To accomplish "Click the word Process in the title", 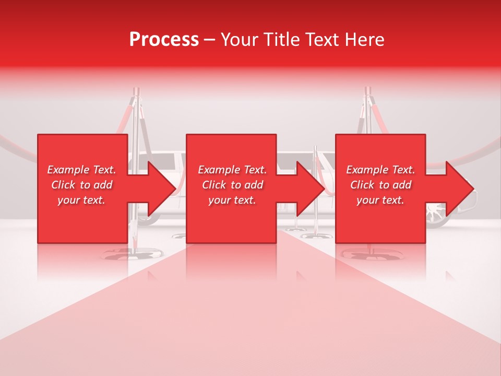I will pos(164,40).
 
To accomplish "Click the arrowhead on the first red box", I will pos(159,189).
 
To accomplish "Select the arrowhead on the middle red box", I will pos(308,189).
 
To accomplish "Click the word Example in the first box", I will pos(68,170).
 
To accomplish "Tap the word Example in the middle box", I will pos(219,170).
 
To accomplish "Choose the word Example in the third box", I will pos(367,170).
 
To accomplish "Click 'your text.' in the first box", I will pos(81,200).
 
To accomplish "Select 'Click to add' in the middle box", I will pos(232,185).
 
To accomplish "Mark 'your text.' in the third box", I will pos(380,200).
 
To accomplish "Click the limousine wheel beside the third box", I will pos(435,214).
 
